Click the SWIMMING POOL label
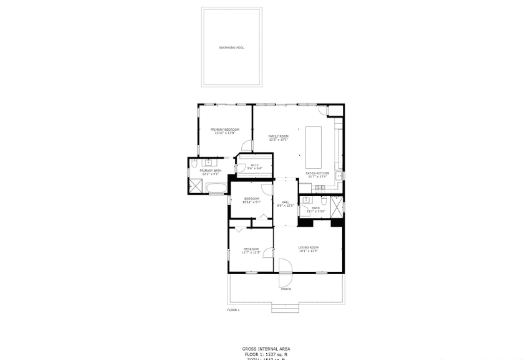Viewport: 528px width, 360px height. (231, 47)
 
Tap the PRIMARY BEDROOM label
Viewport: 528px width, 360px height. (225, 129)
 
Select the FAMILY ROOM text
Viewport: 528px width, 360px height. (279, 136)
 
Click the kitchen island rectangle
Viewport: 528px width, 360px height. (313, 143)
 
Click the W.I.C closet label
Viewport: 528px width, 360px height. (255, 166)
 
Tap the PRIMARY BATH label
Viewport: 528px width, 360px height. (210, 171)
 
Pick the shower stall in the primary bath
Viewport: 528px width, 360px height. (196, 186)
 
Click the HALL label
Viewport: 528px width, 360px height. (285, 202)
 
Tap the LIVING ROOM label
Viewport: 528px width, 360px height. (308, 249)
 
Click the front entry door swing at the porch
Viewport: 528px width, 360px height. (286, 267)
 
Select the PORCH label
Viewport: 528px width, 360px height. (286, 289)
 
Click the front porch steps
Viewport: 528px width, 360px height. (285, 308)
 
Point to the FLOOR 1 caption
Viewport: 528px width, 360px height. (233, 310)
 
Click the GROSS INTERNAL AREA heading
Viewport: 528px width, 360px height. (266, 349)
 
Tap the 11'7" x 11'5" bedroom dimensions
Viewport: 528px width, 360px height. (251, 253)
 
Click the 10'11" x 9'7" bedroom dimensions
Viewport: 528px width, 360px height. (252, 202)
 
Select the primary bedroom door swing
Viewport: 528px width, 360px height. (247, 146)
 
